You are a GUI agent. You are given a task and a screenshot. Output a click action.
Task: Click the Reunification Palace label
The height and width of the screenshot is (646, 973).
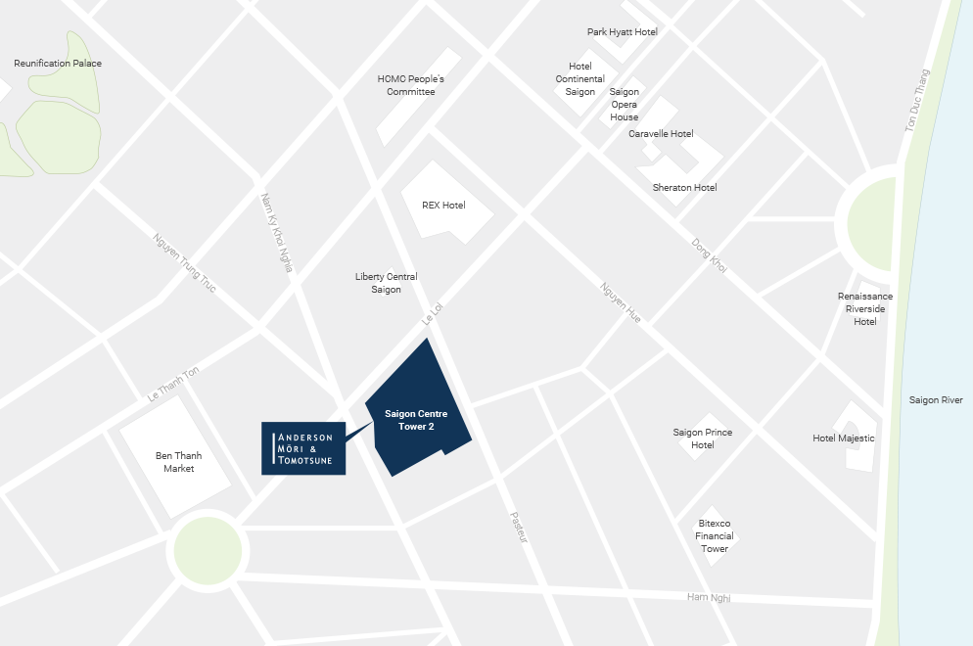point(58,64)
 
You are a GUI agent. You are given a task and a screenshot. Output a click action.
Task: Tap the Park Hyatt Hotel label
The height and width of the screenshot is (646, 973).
point(622,32)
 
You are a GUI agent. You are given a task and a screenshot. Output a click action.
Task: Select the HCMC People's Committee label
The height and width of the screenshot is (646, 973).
point(410,85)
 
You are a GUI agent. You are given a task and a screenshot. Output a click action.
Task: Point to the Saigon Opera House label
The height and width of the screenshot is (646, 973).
point(625,105)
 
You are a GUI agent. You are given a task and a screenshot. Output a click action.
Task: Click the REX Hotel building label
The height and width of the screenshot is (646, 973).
point(443,206)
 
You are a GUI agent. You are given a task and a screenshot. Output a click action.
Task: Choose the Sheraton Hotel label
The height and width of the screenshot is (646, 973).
point(684,188)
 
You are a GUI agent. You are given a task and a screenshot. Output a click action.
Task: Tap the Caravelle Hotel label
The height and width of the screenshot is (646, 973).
point(661,134)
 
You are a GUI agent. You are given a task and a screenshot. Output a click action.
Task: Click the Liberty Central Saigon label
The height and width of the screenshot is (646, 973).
point(386,283)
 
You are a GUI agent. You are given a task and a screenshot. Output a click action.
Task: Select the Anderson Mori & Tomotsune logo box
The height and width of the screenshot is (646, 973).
point(303,449)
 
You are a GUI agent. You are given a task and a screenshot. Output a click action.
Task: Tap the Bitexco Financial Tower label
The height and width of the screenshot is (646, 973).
point(715,536)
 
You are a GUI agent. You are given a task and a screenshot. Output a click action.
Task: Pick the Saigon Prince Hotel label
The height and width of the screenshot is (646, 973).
point(703,438)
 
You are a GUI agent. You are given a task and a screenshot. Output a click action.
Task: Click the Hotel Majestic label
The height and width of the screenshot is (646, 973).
point(844,438)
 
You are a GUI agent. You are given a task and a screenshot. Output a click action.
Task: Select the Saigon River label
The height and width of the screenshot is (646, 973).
point(936,400)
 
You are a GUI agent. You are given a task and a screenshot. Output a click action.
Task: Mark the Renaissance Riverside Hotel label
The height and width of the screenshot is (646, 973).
point(865,308)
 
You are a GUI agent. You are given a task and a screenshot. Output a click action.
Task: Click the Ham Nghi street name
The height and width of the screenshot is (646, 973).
point(709,598)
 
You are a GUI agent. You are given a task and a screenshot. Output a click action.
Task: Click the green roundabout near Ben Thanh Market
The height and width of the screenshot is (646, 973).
point(206,550)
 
